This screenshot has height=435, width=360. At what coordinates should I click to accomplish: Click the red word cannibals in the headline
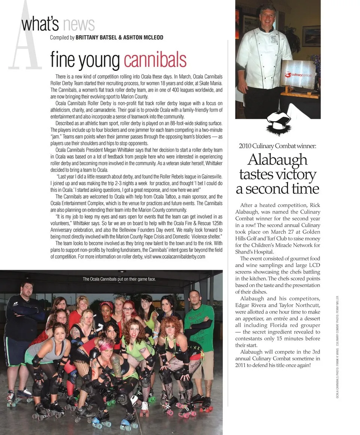pos(154,60)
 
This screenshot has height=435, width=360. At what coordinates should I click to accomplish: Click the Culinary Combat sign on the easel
pos(298,75)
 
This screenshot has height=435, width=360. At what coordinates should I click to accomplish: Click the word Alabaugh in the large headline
pos(277,160)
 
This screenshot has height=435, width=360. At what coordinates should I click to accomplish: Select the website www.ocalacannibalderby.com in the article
pos(179,256)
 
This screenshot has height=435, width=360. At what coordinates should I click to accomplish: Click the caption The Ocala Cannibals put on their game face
pos(119,279)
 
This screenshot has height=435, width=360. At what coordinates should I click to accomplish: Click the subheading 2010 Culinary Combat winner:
pos(277,146)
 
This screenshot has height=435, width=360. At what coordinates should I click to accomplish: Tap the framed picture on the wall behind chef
pos(311,36)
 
